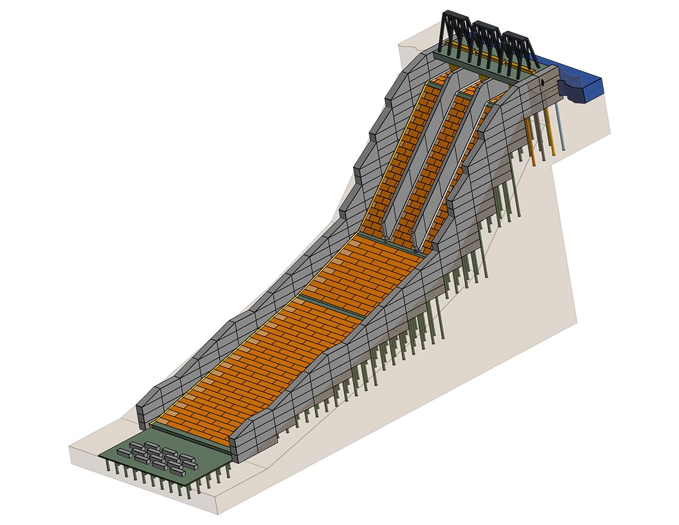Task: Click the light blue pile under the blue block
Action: [x=561, y=127]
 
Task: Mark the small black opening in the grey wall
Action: [x=542, y=83]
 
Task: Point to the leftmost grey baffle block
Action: [x=124, y=453]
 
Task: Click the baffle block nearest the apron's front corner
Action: [x=177, y=472]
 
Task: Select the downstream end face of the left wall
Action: [x=144, y=416]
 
